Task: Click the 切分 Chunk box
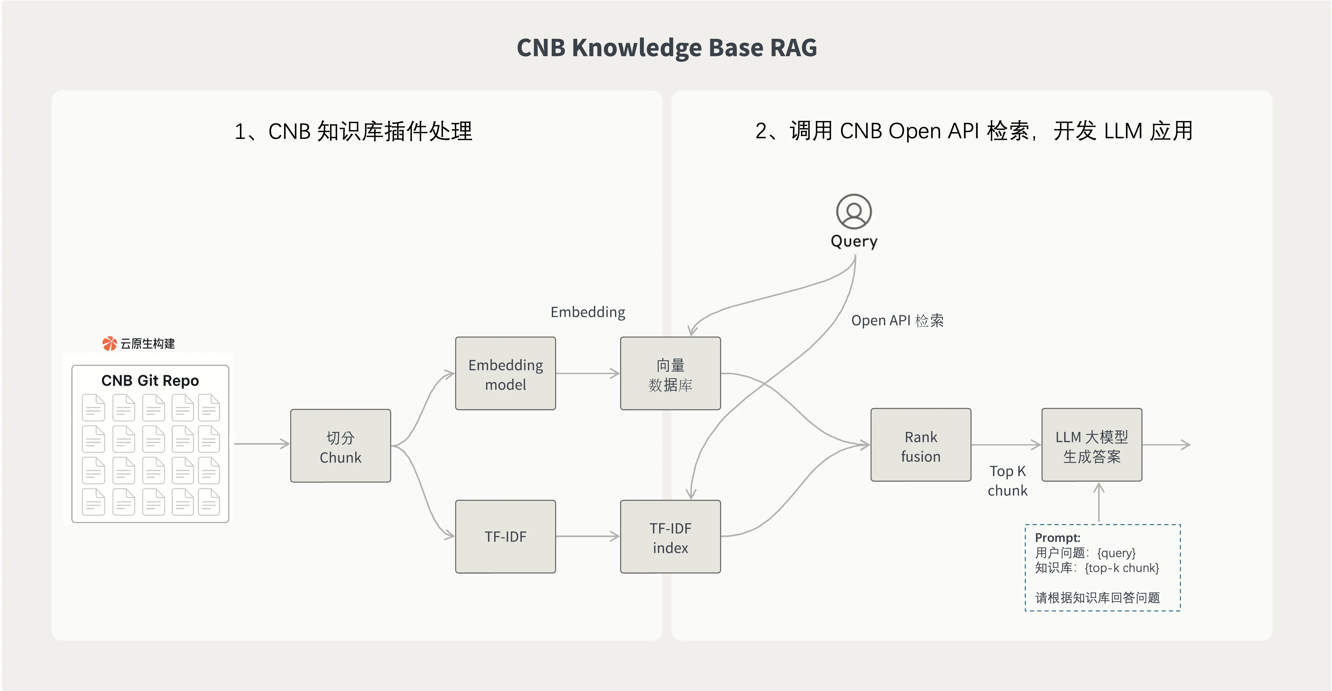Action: pyautogui.click(x=340, y=446)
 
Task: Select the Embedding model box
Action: pyautogui.click(x=505, y=374)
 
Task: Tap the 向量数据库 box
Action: pyautogui.click(x=670, y=374)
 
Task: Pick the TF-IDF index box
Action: pyautogui.click(x=670, y=537)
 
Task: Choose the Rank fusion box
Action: pyautogui.click(x=920, y=445)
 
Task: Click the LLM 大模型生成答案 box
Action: pyautogui.click(x=1092, y=445)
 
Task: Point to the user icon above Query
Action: pyautogui.click(x=854, y=211)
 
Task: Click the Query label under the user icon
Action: pyautogui.click(x=854, y=241)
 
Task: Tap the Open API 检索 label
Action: pyautogui.click(x=897, y=320)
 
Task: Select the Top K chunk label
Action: pyautogui.click(x=1007, y=481)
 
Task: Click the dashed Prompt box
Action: pyautogui.click(x=1102, y=568)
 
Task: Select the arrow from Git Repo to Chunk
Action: pyautogui.click(x=261, y=444)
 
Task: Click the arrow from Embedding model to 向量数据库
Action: pyautogui.click(x=587, y=373)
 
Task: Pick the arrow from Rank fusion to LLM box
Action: pyautogui.click(x=1006, y=444)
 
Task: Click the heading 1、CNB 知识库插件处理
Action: pyautogui.click(x=353, y=131)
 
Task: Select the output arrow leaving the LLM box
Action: pyautogui.click(x=1166, y=444)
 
